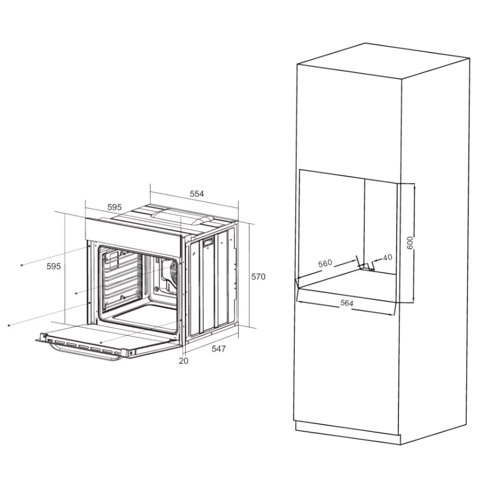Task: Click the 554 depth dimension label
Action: click(x=197, y=194)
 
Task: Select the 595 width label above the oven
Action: click(x=114, y=207)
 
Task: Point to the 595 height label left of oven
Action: click(x=53, y=266)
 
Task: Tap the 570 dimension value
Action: click(x=258, y=277)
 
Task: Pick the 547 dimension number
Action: click(x=219, y=348)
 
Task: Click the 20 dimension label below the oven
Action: click(x=184, y=361)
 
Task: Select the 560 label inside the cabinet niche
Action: click(x=325, y=263)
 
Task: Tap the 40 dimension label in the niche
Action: click(x=387, y=257)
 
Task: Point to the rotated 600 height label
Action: click(x=410, y=243)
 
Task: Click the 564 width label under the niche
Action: click(x=347, y=303)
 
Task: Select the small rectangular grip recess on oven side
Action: click(x=208, y=242)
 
